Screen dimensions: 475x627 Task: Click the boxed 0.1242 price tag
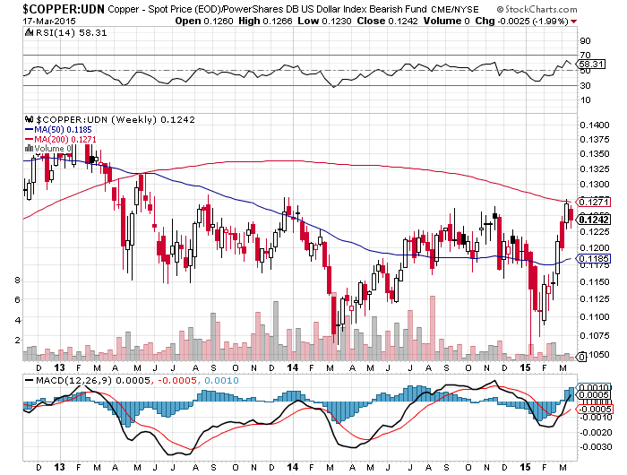(595, 220)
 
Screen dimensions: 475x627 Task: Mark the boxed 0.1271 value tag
(595, 202)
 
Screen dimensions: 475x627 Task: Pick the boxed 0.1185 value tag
(595, 258)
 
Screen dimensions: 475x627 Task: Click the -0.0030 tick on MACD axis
(594, 446)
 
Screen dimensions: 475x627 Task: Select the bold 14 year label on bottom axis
(293, 466)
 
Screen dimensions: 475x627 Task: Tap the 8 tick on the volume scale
(17, 281)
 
